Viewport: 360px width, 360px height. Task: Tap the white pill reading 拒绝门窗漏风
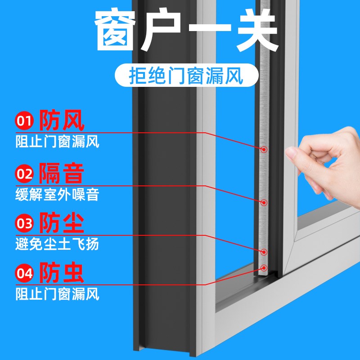click(x=185, y=76)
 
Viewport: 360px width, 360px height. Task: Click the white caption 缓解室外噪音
click(x=57, y=195)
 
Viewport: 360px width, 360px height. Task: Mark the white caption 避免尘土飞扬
click(x=57, y=245)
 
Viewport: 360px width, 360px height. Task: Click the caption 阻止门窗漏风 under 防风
click(x=57, y=143)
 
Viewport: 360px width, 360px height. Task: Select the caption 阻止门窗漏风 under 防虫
click(x=57, y=295)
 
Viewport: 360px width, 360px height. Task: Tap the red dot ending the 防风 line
click(x=264, y=149)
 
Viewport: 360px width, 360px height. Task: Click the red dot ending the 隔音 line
click(x=265, y=202)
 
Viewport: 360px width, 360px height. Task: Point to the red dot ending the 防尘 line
click(x=265, y=252)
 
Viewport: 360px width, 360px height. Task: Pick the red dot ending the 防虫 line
click(x=265, y=267)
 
